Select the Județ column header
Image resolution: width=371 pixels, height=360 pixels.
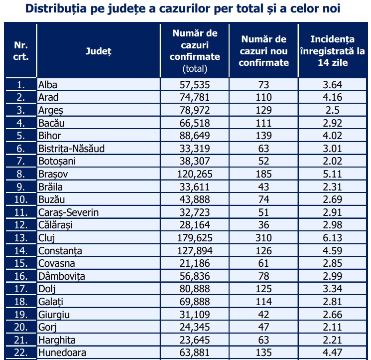click(98, 51)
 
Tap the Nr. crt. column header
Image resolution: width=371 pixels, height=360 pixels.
click(20, 51)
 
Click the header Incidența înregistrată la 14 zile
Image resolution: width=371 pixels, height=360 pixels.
click(333, 51)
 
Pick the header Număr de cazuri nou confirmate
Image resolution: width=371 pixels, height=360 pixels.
click(263, 51)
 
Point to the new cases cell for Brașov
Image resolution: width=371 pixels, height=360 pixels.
click(263, 174)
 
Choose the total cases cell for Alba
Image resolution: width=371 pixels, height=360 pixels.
click(194, 84)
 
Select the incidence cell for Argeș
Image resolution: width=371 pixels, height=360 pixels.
click(333, 110)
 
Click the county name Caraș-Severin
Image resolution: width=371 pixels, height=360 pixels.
click(68, 212)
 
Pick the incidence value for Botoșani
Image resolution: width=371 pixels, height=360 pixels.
click(333, 161)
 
